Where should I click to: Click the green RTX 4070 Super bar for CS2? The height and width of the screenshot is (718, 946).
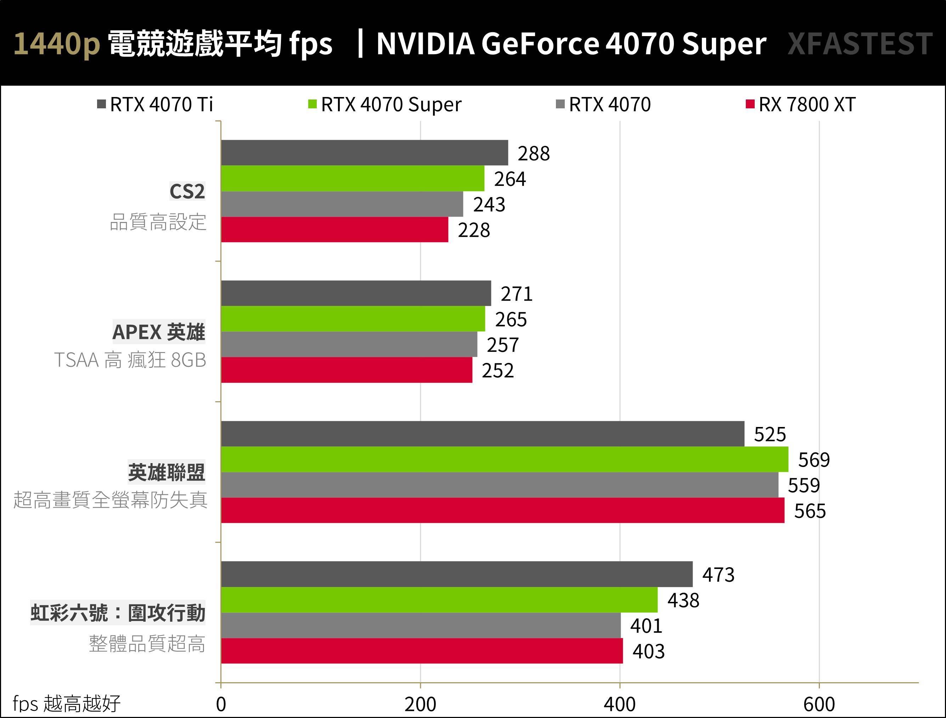(353, 178)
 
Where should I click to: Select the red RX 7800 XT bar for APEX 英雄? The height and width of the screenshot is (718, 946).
(347, 370)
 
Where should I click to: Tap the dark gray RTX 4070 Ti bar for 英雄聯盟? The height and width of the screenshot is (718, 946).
(483, 434)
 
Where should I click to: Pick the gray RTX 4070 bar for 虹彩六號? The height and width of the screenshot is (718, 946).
(421, 625)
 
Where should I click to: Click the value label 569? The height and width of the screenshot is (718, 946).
(814, 460)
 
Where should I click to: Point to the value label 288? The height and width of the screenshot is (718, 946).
(533, 153)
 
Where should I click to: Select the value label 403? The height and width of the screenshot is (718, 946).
(648, 651)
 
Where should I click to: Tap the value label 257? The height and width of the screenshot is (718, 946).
(502, 345)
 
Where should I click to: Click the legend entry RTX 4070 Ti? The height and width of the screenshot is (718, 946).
(155, 105)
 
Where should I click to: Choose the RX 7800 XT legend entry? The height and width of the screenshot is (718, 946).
(801, 105)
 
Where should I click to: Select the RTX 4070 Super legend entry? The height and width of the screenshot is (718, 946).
(385, 105)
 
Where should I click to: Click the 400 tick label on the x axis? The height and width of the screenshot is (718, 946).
(620, 704)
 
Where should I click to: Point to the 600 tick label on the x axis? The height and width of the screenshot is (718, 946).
(819, 704)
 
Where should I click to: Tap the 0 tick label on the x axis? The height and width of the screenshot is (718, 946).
(221, 704)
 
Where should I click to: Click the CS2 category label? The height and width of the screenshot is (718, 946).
(187, 191)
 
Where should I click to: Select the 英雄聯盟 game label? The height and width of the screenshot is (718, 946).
(167, 472)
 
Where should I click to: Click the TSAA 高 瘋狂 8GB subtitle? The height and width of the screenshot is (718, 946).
(130, 360)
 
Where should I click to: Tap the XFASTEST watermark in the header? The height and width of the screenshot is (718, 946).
(860, 44)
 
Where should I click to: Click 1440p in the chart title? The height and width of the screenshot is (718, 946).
(57, 44)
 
